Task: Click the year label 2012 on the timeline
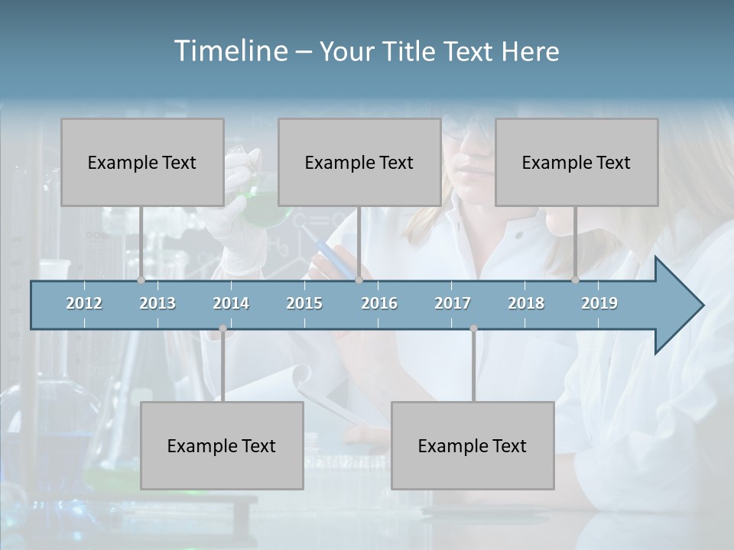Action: pyautogui.click(x=84, y=303)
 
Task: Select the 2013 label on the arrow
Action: pyautogui.click(x=158, y=303)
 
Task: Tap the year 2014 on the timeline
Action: pyautogui.click(x=231, y=303)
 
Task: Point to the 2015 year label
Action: pyautogui.click(x=304, y=303)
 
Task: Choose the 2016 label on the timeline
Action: pyautogui.click(x=379, y=303)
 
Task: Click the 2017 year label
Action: pyautogui.click(x=453, y=303)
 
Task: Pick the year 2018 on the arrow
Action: pyautogui.click(x=526, y=303)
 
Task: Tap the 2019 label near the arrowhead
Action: pyautogui.click(x=599, y=303)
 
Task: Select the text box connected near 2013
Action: pyautogui.click(x=142, y=162)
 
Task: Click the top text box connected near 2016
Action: pyautogui.click(x=359, y=162)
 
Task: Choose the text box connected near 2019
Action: pyautogui.click(x=576, y=162)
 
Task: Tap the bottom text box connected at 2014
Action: pyautogui.click(x=222, y=445)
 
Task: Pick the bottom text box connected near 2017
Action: pyautogui.click(x=473, y=445)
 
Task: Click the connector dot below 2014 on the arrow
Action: pyautogui.click(x=222, y=328)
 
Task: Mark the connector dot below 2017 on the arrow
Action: pyautogui.click(x=473, y=328)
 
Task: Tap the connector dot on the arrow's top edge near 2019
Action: pyautogui.click(x=576, y=280)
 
